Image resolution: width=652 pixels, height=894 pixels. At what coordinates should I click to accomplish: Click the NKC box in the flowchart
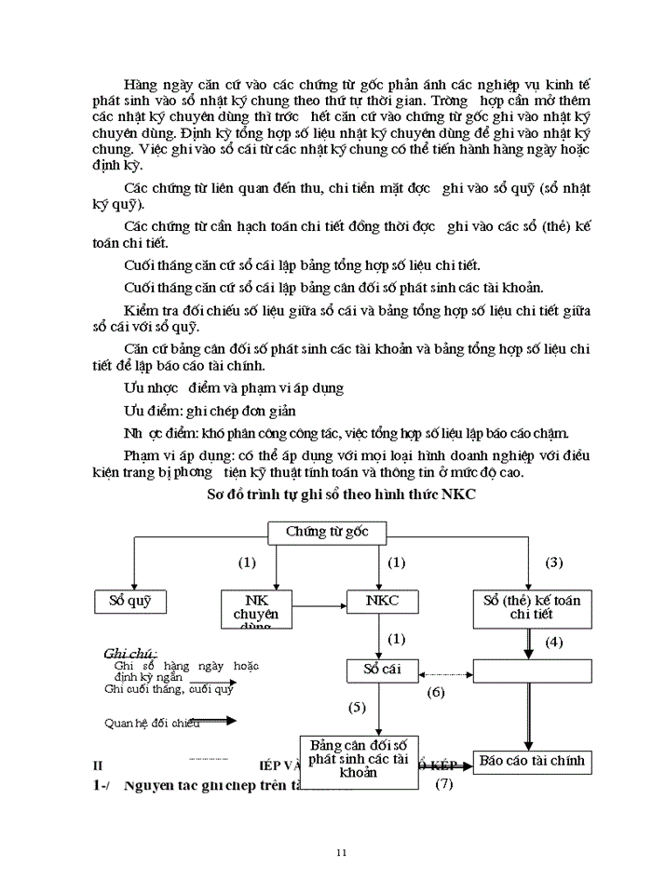[x=380, y=602]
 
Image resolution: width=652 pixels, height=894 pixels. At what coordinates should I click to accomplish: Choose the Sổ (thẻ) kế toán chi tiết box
[x=532, y=606]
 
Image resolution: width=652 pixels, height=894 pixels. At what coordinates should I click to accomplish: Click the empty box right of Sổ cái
[x=532, y=670]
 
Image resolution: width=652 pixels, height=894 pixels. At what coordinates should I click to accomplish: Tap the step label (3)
[x=554, y=562]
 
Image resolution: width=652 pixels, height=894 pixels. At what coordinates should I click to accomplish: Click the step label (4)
[x=554, y=642]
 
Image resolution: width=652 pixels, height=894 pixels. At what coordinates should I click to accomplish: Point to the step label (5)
[x=357, y=707]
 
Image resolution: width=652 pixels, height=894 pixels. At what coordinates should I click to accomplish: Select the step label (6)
[x=436, y=693]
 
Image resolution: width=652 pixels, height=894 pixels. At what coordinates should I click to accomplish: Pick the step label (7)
[x=443, y=784]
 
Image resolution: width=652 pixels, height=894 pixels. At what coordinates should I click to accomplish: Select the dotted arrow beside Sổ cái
[x=446, y=671]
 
